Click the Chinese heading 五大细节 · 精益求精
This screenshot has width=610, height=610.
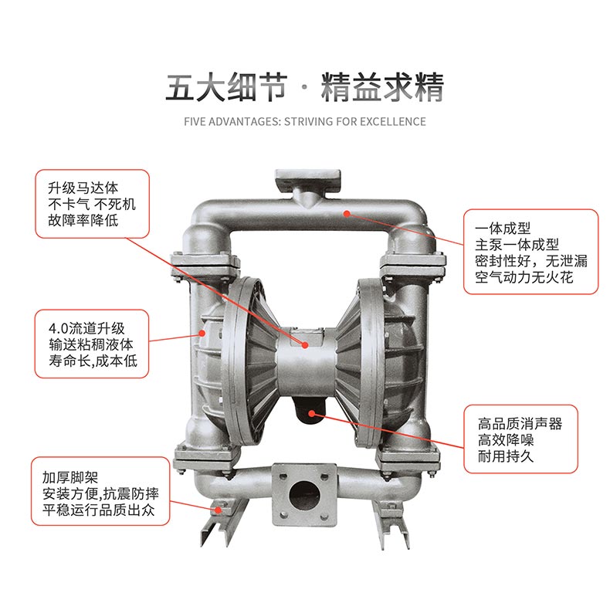(x=304, y=87)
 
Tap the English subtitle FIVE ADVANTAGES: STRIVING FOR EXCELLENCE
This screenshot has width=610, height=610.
(x=304, y=122)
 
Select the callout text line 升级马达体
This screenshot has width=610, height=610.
(x=83, y=188)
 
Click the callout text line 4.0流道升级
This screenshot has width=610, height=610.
(x=86, y=328)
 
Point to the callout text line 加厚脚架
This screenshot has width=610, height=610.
(x=70, y=477)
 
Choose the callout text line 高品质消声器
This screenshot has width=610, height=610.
(x=520, y=424)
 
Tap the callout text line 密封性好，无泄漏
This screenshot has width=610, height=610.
(x=531, y=261)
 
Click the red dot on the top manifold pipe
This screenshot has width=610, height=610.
(x=347, y=213)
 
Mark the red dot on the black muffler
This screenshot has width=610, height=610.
(x=312, y=413)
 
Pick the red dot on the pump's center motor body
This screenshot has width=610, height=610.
(x=305, y=345)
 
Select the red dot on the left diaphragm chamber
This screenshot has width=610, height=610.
(x=202, y=333)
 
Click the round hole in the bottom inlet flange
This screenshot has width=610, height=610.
(x=304, y=496)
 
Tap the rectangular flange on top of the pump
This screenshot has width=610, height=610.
(x=308, y=178)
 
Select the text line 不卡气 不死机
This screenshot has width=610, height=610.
(x=92, y=205)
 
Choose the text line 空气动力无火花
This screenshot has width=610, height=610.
(x=524, y=277)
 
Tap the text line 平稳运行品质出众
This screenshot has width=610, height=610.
(x=99, y=510)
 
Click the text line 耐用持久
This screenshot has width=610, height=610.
(x=506, y=456)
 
